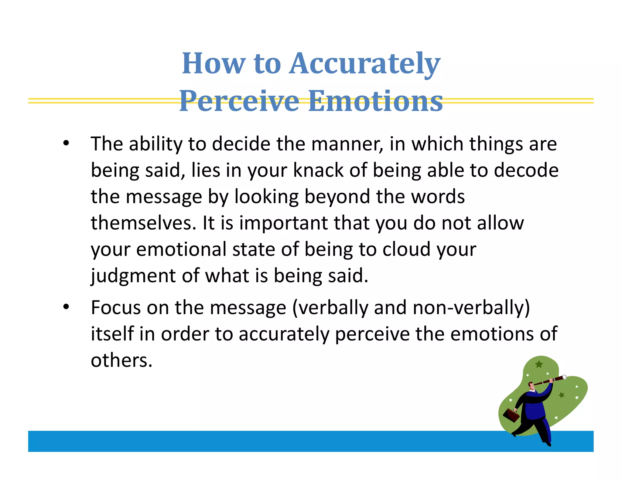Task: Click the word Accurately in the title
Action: pos(364,64)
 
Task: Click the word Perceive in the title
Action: pos(239,101)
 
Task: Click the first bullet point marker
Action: pos(66,144)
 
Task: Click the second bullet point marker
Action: pos(66,307)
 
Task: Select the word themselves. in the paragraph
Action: pos(144,223)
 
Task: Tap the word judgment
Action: pos(133,276)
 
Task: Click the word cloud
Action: pos(406,249)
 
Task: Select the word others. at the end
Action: pos(121,360)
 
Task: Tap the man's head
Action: pos(531,386)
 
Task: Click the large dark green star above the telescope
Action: pos(539,364)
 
